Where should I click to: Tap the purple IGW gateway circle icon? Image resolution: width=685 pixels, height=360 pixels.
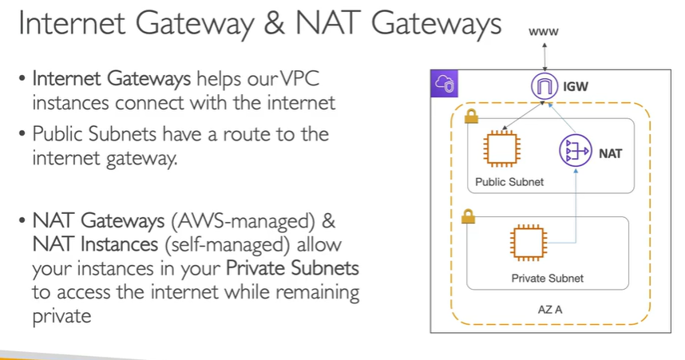(x=544, y=85)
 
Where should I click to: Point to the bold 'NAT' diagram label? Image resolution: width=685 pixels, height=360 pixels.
(x=610, y=152)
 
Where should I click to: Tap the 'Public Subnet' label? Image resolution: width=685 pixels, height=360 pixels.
(x=509, y=182)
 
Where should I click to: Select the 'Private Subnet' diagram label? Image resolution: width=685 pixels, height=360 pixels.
(x=547, y=279)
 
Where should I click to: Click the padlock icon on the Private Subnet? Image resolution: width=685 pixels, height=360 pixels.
(x=469, y=216)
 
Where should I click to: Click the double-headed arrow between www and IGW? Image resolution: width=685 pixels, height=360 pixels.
(x=544, y=57)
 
